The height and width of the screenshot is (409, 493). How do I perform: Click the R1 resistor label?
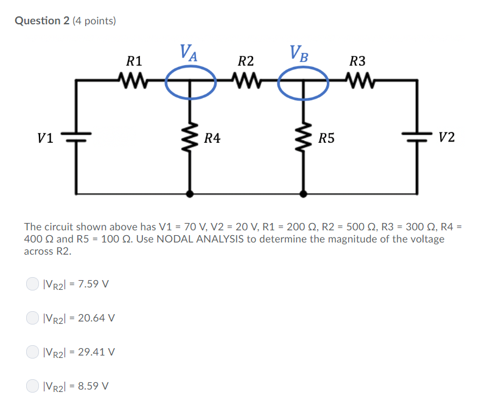[134, 61]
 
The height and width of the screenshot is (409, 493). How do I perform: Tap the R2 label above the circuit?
[246, 61]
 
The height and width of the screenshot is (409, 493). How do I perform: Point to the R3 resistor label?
[358, 61]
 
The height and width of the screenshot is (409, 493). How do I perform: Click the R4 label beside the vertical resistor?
[212, 139]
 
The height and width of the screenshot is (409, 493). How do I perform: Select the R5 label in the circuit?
[327, 139]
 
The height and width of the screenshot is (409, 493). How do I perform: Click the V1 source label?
[45, 138]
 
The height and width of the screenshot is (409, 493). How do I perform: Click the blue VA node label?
[188, 53]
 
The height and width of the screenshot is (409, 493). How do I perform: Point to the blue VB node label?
[299, 53]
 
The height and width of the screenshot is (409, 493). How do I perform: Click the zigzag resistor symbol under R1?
[134, 80]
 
